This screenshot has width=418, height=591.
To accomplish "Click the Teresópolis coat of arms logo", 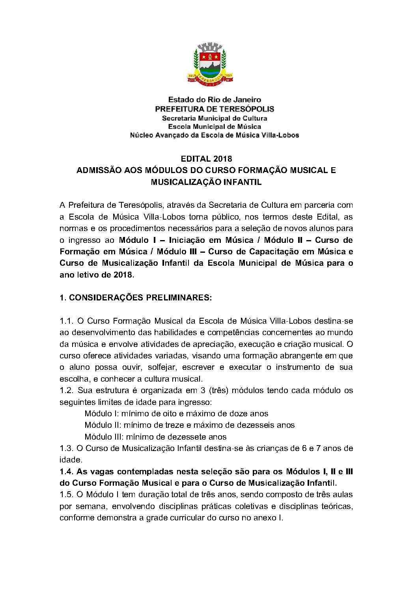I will coord(209,63).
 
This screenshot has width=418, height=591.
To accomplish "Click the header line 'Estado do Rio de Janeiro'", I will coord(214,100).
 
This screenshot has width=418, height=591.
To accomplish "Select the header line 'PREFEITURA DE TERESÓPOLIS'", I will coord(214,109).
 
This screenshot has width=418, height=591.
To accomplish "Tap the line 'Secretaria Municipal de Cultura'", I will coord(214,118).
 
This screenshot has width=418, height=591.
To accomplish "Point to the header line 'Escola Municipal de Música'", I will coord(214,127).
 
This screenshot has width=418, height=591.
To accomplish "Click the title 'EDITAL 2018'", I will coord(206,159).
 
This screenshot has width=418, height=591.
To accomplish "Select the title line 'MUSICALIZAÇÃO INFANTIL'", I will coord(206,182).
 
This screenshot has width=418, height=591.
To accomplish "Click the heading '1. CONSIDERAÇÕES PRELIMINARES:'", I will coord(135,298).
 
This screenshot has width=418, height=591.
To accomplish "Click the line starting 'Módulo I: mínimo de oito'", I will coord(176,414).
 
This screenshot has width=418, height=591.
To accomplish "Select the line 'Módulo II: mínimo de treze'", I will coord(189,425).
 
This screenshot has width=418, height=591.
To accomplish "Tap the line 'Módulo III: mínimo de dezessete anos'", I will coord(155,437).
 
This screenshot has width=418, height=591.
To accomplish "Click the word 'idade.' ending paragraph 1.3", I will coord(71,460).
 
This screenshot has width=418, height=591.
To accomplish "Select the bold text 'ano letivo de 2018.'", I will coord(97,275).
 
